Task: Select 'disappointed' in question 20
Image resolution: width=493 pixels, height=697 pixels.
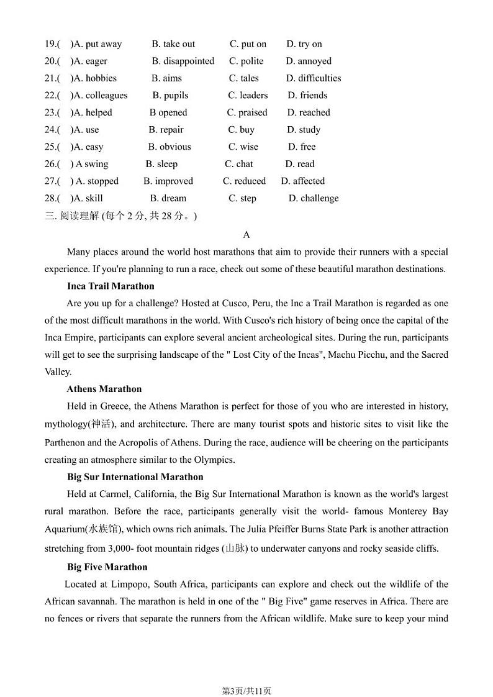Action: tap(183, 61)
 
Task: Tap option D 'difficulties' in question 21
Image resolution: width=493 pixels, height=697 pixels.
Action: tap(314, 78)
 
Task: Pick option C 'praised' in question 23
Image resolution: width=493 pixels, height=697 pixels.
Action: tap(247, 112)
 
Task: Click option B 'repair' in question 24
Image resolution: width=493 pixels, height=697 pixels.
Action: tap(166, 130)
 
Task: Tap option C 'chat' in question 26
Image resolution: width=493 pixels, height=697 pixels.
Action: tap(239, 164)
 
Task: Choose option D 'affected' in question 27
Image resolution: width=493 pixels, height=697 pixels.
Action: tap(303, 181)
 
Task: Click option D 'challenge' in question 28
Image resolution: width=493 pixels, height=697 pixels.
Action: tap(314, 198)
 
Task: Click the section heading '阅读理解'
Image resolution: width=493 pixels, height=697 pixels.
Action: tap(79, 216)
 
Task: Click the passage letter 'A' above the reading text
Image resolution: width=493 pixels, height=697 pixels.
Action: tap(246, 235)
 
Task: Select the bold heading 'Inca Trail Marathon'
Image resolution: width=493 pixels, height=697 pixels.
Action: tap(111, 286)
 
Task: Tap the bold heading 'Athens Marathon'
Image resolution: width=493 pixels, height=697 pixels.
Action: tap(104, 389)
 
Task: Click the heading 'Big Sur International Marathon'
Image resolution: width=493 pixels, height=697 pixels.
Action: tap(135, 477)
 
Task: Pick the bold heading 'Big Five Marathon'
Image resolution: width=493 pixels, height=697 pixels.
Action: tap(107, 567)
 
